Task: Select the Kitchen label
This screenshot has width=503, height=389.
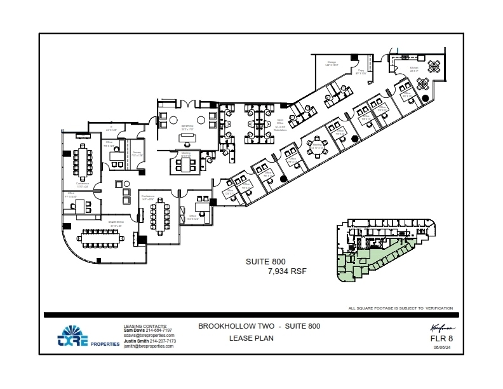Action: [413, 69]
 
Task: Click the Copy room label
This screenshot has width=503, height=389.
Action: [360, 72]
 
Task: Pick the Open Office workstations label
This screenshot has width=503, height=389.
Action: [280, 125]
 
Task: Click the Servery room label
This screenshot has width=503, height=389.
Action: [137, 154]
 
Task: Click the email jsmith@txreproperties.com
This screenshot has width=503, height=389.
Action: [148, 346]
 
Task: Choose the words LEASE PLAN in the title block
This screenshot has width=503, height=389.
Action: [251, 338]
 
